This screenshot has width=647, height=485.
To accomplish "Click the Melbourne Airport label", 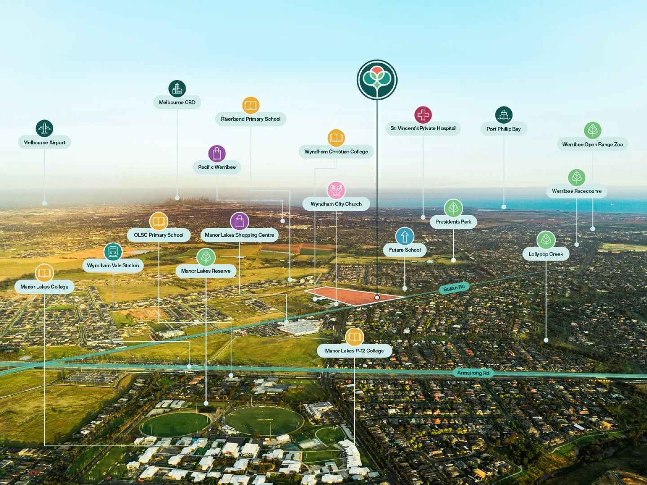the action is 44,142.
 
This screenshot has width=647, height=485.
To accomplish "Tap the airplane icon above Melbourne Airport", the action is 44,128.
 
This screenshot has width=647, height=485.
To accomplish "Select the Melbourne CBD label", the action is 177,102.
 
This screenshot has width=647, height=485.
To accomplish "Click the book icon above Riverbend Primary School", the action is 251,106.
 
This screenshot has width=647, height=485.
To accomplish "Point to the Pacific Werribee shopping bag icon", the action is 217,154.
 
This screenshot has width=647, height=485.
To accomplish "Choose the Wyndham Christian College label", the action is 336,152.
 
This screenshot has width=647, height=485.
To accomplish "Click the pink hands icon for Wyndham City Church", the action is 336,190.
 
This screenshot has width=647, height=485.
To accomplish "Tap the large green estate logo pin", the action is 377,80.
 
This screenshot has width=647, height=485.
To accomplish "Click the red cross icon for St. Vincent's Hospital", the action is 423,115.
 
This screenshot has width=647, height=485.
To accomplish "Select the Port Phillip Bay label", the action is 504,129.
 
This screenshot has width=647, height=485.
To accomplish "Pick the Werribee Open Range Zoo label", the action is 592,145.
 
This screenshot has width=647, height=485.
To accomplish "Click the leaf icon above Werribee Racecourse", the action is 576,177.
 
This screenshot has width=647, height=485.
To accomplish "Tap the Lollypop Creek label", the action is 546,254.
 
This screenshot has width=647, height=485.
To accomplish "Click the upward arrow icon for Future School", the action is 405,236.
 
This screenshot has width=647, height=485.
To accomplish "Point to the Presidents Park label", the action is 453,222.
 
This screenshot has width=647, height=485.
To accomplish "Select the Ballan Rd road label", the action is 454,288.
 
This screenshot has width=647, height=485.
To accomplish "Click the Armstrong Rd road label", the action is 473,373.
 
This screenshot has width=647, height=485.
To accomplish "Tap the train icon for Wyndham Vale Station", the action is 113,252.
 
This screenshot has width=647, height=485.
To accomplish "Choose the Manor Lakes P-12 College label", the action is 354,351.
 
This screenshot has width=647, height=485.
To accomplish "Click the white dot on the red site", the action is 377,297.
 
